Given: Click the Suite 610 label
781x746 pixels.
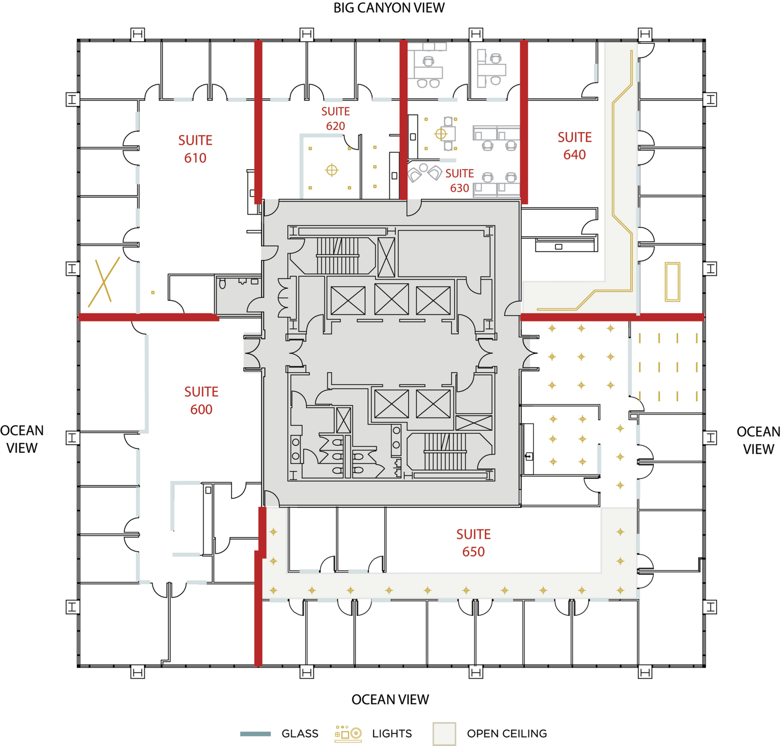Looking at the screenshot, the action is [195, 149].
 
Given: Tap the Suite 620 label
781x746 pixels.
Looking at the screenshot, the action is [335, 118].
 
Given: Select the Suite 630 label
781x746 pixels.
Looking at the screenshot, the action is [459, 181].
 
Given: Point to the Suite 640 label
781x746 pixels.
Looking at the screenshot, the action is [574, 146].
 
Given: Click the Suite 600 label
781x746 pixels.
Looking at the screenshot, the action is [201, 401].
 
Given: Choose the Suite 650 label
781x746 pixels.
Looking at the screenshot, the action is [473, 543].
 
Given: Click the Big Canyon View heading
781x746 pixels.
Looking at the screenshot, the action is [389, 8].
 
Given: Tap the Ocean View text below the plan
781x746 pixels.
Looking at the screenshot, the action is [390, 700].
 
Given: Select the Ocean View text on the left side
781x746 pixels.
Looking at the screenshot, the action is [22, 439].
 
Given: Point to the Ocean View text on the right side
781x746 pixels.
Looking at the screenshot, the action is [758, 440].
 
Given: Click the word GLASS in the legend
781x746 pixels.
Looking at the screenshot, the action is [300, 733].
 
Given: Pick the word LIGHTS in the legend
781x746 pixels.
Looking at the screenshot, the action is [392, 733].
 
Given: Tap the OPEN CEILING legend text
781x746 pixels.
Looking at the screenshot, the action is [507, 733].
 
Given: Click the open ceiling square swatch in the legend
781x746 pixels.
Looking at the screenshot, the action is [444, 734].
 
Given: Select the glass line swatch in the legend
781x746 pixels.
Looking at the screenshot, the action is [256, 734].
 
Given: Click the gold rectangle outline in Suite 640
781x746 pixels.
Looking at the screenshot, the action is [673, 282].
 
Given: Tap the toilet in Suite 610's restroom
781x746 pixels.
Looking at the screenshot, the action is [223, 284].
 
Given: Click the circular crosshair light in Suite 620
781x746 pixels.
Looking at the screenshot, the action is [331, 170].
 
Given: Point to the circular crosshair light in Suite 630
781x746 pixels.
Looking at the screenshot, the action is [441, 134].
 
